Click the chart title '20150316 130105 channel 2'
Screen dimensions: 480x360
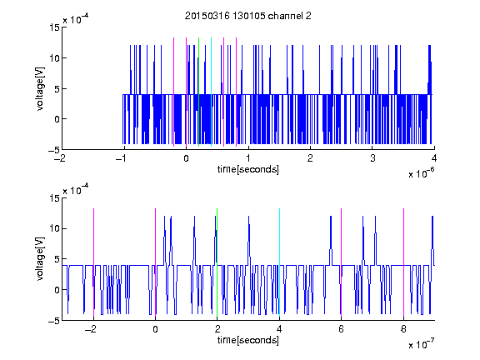(248, 16)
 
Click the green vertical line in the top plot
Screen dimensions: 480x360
(198, 92)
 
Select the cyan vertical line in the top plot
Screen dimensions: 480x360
(211, 92)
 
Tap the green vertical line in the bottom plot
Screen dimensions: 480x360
(217, 262)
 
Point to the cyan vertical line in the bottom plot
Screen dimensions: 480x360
(279, 262)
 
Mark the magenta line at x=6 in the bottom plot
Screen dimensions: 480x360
(342, 262)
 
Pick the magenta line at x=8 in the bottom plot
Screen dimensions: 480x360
(404, 262)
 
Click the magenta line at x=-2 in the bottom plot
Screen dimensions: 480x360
(93, 262)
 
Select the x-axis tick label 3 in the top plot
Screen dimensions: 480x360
(372, 158)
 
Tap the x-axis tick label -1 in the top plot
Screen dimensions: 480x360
(122, 158)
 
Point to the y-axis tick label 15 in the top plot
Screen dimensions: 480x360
(54, 27)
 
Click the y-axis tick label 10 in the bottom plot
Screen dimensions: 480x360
(54, 228)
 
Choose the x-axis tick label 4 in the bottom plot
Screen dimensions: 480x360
(279, 329)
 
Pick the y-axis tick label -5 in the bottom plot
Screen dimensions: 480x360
(54, 321)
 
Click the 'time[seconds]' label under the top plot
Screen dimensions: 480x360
(248, 169)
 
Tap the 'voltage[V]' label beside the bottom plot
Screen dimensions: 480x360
(40, 258)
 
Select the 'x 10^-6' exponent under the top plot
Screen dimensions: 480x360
(421, 173)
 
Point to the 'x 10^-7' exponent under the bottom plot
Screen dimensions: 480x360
(421, 344)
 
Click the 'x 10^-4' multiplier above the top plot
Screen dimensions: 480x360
(76, 18)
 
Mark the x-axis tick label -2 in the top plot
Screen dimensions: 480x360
(60, 158)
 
